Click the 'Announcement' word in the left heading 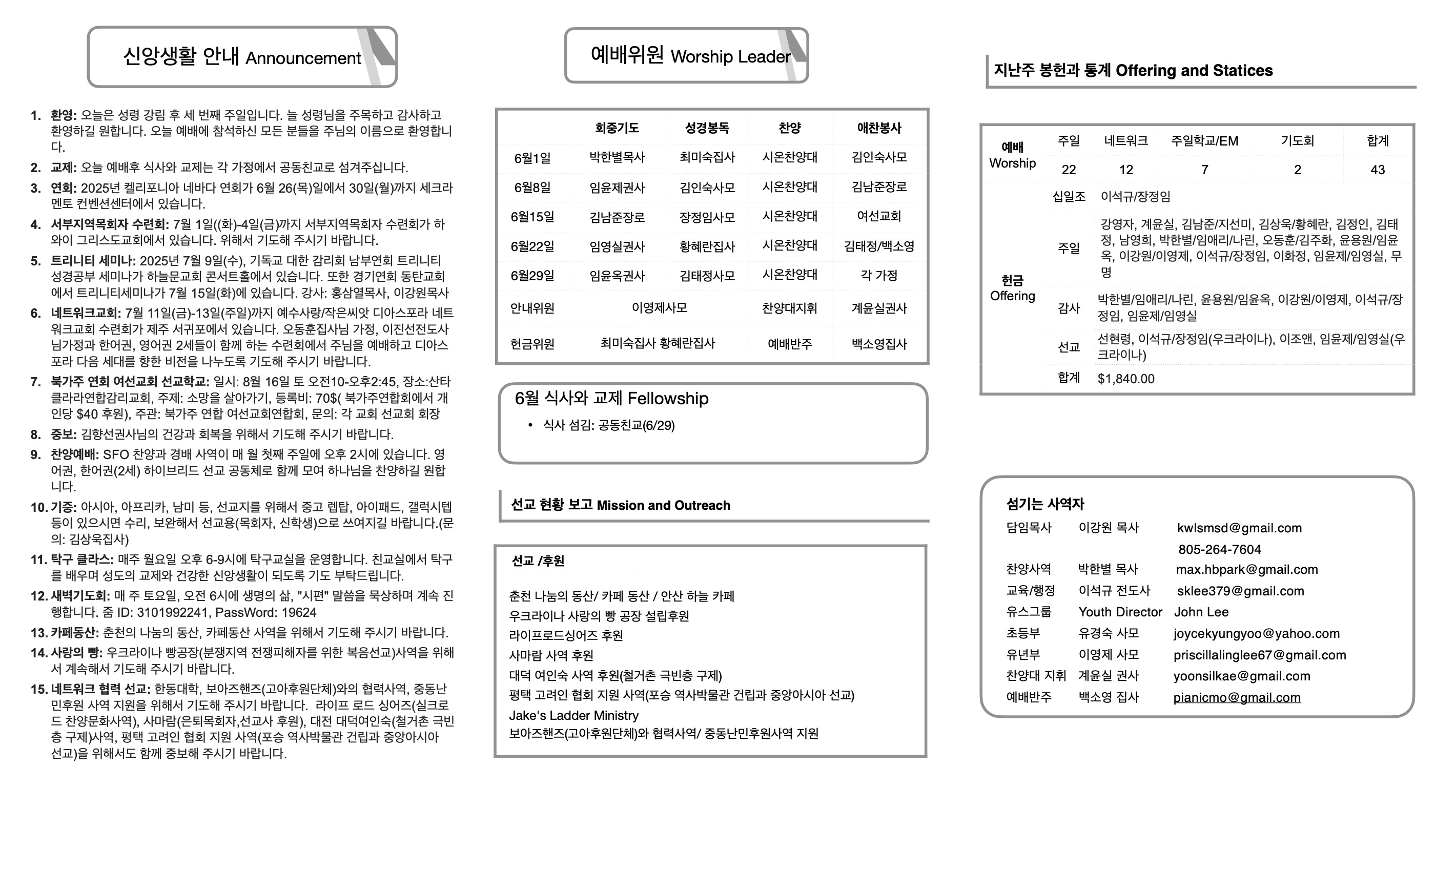[x=303, y=58]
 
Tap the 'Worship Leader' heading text [x=730, y=56]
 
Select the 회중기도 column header [x=617, y=128]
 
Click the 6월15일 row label [x=532, y=217]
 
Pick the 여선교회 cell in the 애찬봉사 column [x=879, y=217]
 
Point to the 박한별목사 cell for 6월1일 [x=617, y=157]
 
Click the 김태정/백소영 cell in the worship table [x=879, y=246]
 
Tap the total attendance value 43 [x=1378, y=170]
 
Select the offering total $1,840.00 [x=1126, y=379]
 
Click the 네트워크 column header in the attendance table [x=1126, y=141]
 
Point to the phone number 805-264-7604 [x=1220, y=550]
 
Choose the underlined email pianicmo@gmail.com [x=1236, y=697]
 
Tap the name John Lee [x=1201, y=612]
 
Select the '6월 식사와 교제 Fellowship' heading [x=611, y=399]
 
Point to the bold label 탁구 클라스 [x=81, y=559]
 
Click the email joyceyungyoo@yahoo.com [x=1256, y=633]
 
